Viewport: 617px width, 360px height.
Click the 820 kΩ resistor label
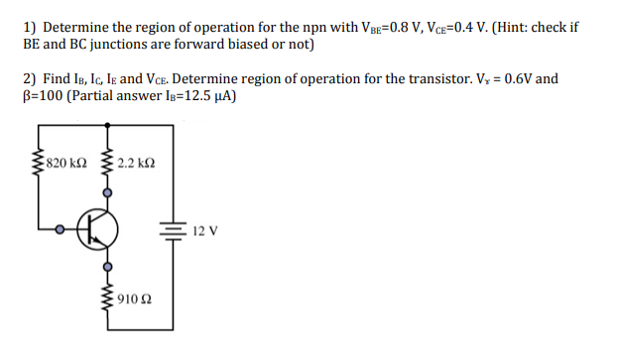69,164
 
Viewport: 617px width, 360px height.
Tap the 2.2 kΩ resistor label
136,164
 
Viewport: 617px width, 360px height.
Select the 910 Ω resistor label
134,300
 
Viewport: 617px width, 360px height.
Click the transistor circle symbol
99,229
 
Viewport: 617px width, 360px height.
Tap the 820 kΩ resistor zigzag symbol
41,164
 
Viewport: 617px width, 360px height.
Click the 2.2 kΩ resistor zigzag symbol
108,164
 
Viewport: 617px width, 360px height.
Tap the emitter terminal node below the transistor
108,265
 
